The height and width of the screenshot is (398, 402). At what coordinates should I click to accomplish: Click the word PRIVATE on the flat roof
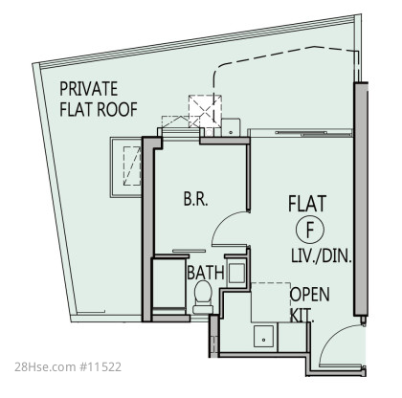(x=88, y=89)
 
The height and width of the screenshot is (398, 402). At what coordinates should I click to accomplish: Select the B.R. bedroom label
(x=195, y=199)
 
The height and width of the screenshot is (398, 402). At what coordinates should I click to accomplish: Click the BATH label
(x=206, y=273)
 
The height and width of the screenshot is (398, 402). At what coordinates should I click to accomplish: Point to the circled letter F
(x=310, y=230)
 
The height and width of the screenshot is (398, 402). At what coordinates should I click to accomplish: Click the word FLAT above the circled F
(x=307, y=204)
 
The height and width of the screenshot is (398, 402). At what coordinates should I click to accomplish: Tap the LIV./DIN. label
(x=322, y=255)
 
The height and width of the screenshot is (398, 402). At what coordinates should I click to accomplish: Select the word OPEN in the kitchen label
(x=309, y=295)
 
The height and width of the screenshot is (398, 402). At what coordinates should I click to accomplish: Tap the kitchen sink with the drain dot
(x=263, y=337)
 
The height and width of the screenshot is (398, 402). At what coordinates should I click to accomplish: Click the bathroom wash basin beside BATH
(x=236, y=273)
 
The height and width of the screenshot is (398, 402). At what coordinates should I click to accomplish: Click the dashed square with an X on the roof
(x=205, y=111)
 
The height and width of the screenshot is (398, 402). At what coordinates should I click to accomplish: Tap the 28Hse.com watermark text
(x=45, y=366)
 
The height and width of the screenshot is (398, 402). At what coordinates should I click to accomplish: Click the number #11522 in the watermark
(x=100, y=366)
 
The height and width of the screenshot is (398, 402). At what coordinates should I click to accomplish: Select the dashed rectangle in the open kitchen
(x=271, y=302)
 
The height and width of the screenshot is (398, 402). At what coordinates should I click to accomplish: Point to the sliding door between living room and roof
(x=301, y=133)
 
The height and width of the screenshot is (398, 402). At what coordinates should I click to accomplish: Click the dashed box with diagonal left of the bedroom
(x=132, y=166)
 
